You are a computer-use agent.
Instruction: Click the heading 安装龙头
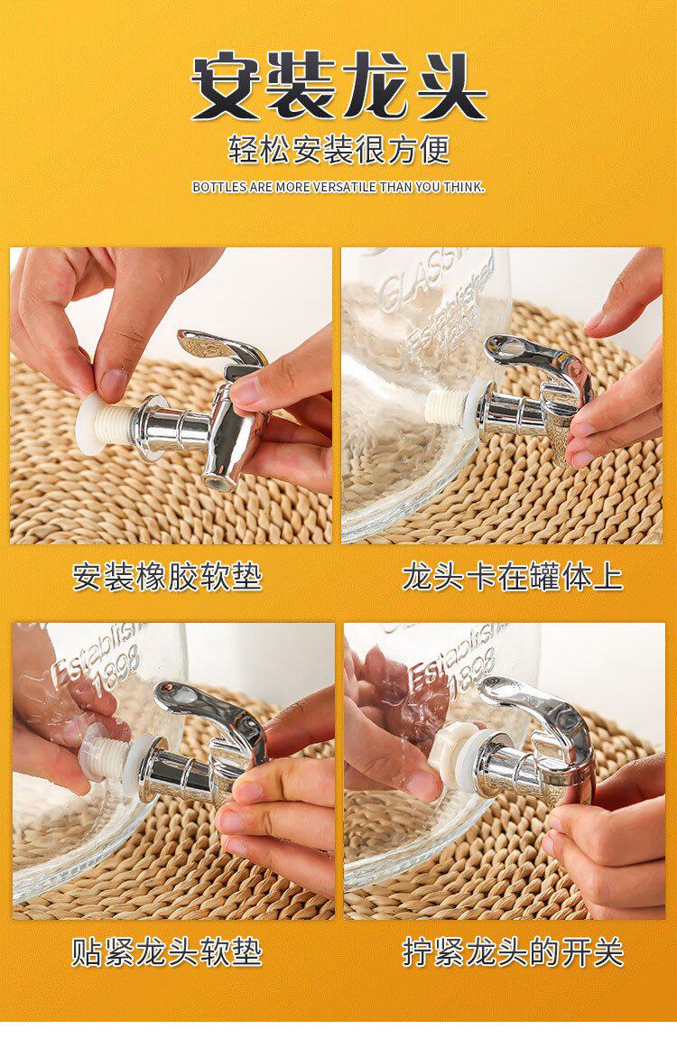pyautogui.click(x=339, y=86)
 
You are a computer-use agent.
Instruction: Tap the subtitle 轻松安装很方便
pyautogui.click(x=339, y=149)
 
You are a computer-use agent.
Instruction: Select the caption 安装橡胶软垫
pyautogui.click(x=168, y=577)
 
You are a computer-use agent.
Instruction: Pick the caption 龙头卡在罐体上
pyautogui.click(x=512, y=577)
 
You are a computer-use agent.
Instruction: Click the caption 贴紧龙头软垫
pyautogui.click(x=168, y=952)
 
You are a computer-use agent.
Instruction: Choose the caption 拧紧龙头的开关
pyautogui.click(x=512, y=952)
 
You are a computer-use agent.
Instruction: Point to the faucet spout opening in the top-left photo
pyautogui.click(x=219, y=480)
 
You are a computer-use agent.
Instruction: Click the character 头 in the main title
pyautogui.click(x=451, y=87)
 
